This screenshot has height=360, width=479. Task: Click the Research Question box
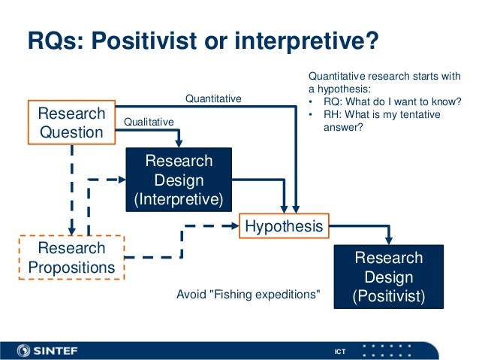72,122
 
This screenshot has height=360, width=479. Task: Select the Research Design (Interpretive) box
179,180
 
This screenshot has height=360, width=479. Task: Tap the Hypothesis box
282,225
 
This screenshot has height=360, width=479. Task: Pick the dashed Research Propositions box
71,257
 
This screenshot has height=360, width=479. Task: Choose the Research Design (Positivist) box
388,277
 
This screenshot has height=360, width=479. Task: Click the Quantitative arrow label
213,98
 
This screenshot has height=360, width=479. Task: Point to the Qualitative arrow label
148,121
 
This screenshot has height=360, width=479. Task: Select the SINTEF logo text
61,349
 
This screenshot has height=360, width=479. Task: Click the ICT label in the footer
340,351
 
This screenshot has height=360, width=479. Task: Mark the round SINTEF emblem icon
23,349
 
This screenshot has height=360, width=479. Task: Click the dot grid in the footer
387,349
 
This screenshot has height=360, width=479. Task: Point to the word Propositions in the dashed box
71,267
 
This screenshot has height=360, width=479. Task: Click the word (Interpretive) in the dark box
179,199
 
